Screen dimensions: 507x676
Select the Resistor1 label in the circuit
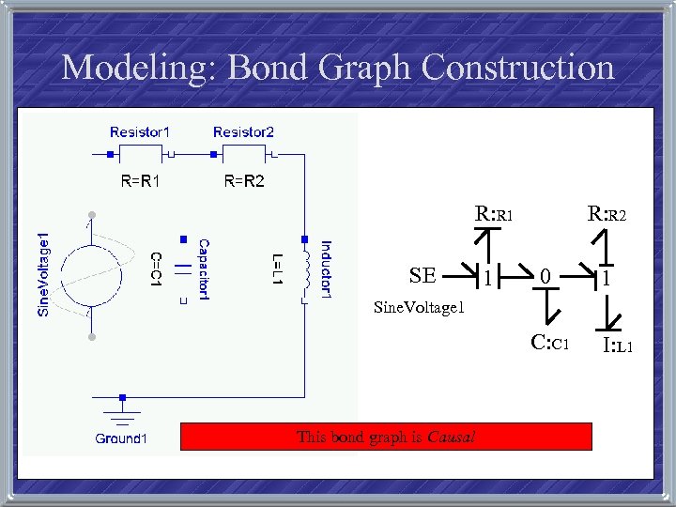[140, 132]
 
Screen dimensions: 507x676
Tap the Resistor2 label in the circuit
[243, 132]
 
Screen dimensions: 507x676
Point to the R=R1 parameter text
[140, 181]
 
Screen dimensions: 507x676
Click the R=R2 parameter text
[243, 181]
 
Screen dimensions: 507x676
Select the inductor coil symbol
[303, 269]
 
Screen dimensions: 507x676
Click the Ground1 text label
[121, 438]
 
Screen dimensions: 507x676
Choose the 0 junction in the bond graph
[545, 277]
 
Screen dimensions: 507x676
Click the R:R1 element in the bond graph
[494, 214]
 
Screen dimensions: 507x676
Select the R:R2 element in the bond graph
[607, 214]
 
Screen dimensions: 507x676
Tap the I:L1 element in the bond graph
[618, 346]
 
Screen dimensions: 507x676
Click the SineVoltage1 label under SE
[419, 306]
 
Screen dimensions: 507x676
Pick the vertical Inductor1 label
[326, 269]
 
